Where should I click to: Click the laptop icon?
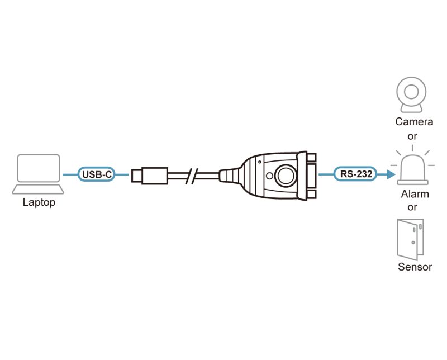(38, 174)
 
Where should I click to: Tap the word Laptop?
(39, 202)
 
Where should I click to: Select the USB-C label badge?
(96, 174)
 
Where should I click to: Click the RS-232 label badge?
(355, 174)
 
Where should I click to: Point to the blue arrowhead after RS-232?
(391, 174)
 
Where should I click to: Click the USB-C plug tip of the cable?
(136, 176)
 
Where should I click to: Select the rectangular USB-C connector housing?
(155, 176)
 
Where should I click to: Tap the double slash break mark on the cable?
(192, 176)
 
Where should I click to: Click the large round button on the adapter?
(286, 176)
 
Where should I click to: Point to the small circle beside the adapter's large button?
(269, 176)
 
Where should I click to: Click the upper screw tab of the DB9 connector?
(312, 158)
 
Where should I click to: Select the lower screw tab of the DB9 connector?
(312, 195)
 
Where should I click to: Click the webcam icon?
(411, 94)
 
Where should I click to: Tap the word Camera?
(414, 122)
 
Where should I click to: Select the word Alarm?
(415, 194)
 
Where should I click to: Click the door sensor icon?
(411, 240)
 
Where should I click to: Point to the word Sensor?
(415, 267)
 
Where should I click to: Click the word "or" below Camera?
(412, 136)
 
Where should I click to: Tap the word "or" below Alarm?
(412, 207)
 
